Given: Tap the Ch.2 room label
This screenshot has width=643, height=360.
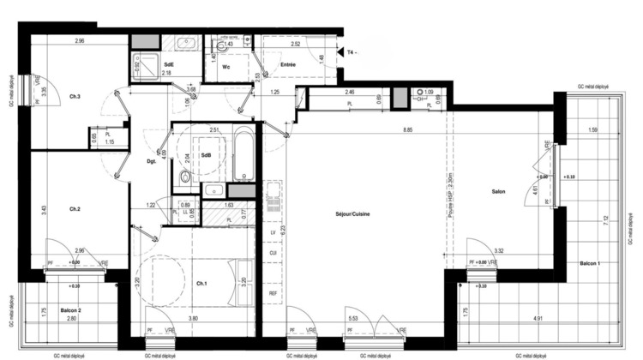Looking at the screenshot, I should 75,209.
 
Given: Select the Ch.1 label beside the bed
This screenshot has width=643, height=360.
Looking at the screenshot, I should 201,284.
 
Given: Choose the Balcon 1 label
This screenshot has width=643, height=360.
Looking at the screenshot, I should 590,263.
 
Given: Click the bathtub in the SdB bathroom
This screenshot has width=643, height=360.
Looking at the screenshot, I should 243,155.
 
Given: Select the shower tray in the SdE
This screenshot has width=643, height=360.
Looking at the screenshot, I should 152,64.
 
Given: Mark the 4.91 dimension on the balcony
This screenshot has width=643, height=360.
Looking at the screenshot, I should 538,319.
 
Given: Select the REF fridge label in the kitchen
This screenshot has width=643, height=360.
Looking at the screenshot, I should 273,293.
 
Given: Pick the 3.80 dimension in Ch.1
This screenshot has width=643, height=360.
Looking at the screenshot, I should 195,319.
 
